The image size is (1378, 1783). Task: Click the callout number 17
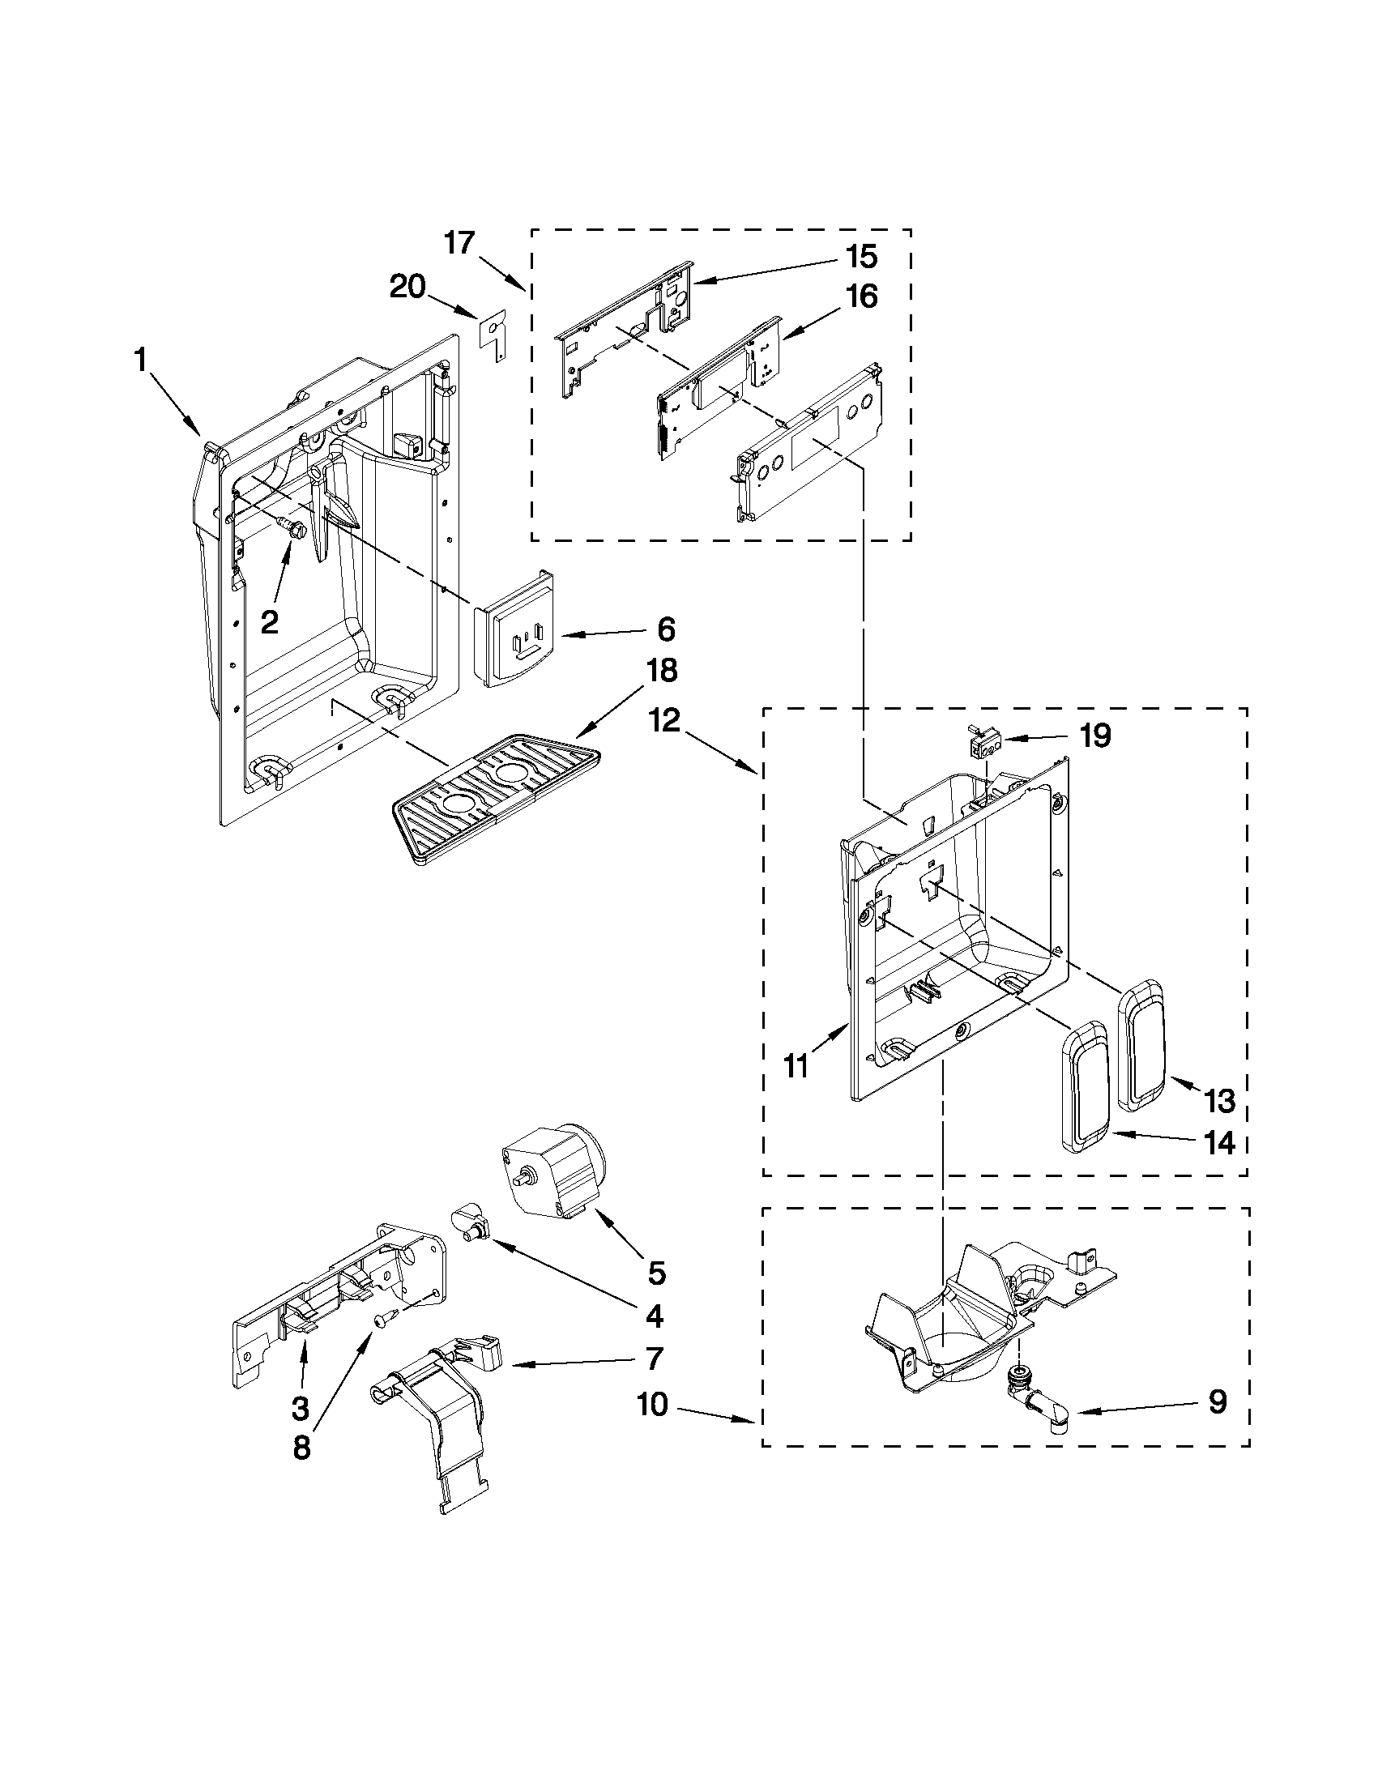[459, 242]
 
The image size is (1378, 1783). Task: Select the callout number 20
[407, 287]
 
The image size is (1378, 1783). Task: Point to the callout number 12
[665, 721]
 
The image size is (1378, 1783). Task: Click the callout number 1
[140, 360]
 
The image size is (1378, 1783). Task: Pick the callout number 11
[796, 1066]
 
